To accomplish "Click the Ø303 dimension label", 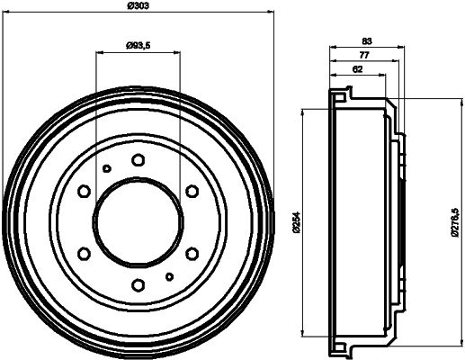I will point(138,5).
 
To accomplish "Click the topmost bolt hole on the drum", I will point(138,160).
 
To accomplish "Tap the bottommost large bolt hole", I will point(138,285).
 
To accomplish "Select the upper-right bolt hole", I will point(192,192).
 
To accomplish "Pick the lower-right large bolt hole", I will point(192,254).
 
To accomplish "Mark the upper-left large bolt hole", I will point(84,192).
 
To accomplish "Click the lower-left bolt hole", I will point(84,254).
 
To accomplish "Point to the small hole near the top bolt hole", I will point(106,168).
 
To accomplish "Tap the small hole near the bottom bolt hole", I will point(169,276).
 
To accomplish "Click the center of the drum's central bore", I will point(138,222).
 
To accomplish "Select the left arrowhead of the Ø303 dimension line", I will point(6,12).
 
